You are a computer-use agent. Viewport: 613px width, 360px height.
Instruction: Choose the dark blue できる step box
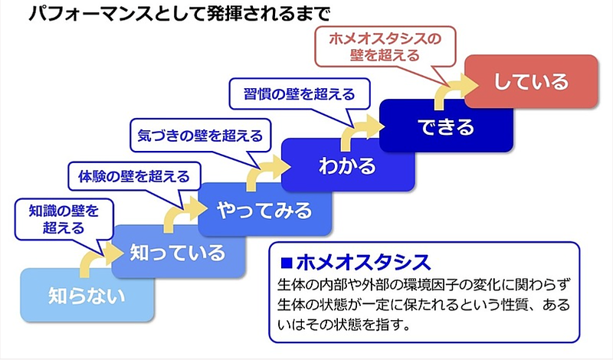click(446, 125)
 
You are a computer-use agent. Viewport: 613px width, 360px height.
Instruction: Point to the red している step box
click(531, 80)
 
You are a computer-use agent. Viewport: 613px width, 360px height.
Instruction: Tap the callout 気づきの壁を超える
click(199, 136)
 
